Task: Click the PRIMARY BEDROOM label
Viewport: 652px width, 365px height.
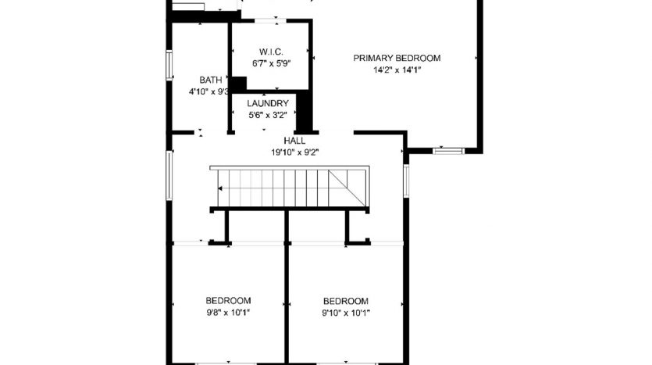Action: [x=397, y=59]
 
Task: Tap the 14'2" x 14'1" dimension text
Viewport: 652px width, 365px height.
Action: [x=397, y=70]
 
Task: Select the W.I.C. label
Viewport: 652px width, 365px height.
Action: [x=271, y=52]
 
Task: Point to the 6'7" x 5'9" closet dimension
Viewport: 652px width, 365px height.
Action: [x=271, y=63]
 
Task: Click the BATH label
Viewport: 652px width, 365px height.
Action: [x=211, y=80]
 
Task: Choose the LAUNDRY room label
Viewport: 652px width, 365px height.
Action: [x=268, y=104]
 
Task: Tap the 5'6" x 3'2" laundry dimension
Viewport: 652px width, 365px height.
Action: [x=268, y=116]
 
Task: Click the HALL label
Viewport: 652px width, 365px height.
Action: [x=295, y=141]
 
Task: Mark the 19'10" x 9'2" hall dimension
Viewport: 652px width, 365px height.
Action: [x=295, y=152]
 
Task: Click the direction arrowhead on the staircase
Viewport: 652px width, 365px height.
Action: [x=220, y=188]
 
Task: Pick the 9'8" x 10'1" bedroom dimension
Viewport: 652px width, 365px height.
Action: [x=228, y=312]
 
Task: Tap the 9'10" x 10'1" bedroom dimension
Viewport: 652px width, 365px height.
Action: [x=346, y=313]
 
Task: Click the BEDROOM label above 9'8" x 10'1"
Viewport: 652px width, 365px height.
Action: [x=228, y=300]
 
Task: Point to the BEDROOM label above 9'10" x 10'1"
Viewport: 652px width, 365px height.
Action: [x=346, y=301]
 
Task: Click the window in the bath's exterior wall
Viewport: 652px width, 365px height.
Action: [x=169, y=65]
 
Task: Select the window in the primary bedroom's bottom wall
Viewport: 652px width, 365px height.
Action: [x=449, y=151]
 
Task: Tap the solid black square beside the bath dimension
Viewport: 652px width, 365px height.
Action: [x=238, y=84]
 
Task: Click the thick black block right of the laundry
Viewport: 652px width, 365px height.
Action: [x=304, y=111]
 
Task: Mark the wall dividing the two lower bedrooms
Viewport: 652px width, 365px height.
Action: [x=287, y=287]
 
